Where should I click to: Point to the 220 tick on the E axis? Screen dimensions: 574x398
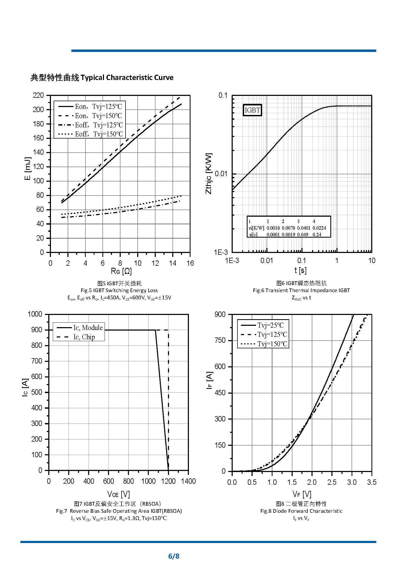[38, 95]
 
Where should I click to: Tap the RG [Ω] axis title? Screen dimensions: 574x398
[121, 271]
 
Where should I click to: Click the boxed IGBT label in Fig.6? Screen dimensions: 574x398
[252, 110]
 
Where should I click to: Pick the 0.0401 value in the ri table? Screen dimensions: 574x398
[304, 228]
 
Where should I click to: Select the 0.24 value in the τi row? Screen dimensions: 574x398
[317, 235]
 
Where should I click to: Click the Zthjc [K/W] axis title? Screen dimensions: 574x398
[209, 173]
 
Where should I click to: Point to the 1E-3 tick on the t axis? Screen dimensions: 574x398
[232, 261]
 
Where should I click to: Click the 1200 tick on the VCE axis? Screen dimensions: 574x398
[168, 481]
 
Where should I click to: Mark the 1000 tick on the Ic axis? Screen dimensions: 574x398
[35, 314]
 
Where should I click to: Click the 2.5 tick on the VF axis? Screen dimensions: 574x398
[332, 482]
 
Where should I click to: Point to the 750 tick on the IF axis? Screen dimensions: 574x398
[220, 340]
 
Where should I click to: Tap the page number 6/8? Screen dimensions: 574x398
[174, 556]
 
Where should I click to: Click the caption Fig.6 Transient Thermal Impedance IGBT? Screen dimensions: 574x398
[301, 290]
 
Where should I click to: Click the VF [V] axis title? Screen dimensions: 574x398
[302, 494]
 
